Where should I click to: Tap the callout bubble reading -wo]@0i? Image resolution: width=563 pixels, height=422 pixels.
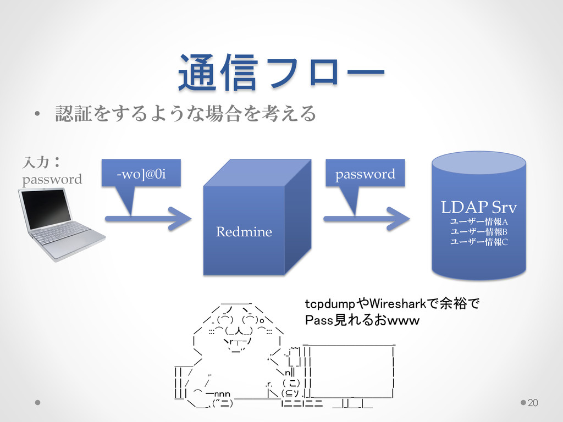coord(141,175)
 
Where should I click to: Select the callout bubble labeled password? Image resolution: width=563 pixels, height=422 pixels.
coord(365,174)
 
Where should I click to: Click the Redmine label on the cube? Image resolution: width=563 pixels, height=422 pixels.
coord(244,232)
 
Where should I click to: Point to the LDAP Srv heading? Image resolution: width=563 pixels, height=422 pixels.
coord(479,208)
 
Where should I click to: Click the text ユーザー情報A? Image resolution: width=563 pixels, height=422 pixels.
coord(479,221)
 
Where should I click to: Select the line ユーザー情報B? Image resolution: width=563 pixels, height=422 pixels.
coord(479,231)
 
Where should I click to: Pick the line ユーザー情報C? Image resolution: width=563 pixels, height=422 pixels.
coord(479,241)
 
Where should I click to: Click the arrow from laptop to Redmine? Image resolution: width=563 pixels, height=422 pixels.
coord(148,218)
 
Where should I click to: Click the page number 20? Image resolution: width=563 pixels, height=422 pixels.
coord(532,404)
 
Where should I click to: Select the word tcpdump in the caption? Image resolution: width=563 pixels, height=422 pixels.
coord(330,303)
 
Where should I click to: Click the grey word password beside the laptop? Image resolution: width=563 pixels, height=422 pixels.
coord(51,179)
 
